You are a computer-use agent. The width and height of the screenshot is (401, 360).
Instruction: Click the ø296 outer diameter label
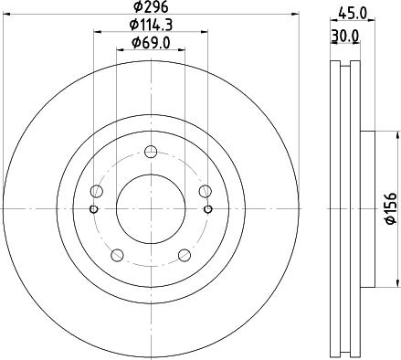(151, 6)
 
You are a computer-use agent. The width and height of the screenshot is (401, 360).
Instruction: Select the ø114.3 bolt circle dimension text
(151, 25)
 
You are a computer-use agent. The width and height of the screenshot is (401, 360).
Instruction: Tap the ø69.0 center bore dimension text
(151, 43)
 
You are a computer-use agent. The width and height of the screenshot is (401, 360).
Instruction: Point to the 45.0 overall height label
(353, 13)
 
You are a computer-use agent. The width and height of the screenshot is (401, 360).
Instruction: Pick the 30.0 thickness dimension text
(345, 36)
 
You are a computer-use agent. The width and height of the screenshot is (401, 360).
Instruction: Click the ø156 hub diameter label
(391, 208)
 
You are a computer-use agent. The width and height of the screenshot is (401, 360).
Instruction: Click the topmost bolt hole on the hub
(151, 152)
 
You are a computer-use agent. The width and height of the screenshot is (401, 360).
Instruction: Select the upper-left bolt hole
(97, 191)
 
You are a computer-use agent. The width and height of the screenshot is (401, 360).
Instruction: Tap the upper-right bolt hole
(206, 191)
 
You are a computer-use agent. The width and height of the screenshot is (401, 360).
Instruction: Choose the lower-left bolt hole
(117, 255)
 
